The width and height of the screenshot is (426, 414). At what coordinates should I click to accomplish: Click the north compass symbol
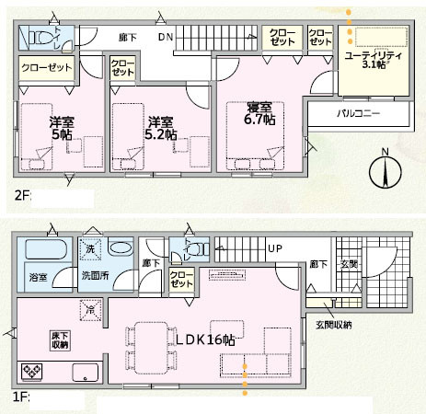tap(384, 172)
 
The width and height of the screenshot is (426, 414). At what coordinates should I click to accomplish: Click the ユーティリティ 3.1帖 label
tap(373, 60)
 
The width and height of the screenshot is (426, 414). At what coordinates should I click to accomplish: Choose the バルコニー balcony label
tap(358, 112)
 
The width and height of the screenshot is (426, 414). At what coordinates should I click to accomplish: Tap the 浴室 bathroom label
tap(38, 275)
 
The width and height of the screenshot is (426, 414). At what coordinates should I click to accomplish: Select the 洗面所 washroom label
tap(94, 275)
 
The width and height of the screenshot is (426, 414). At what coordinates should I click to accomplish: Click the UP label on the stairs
tap(274, 249)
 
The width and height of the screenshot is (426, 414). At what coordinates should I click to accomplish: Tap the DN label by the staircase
tap(165, 39)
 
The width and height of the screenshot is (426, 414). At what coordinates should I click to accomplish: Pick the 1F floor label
tap(19, 398)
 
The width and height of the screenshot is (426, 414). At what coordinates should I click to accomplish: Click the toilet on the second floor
tap(39, 39)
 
